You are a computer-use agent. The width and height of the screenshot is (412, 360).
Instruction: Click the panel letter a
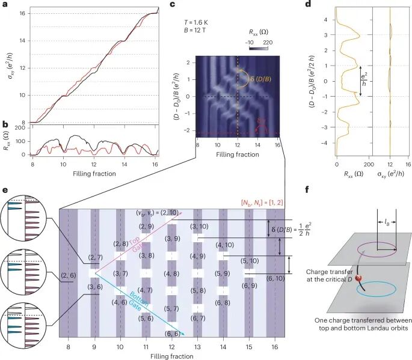(5, 5)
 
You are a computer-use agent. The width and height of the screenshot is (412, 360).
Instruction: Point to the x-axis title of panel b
(94, 174)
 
